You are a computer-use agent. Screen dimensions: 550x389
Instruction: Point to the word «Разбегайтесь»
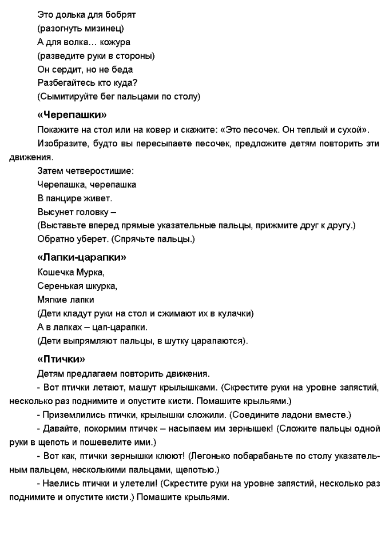coord(64,83)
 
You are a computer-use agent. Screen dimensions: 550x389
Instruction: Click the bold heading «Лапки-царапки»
coord(81,257)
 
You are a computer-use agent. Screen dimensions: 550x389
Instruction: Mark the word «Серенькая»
coord(60,285)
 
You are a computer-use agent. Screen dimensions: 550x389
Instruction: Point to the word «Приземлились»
coord(70,415)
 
